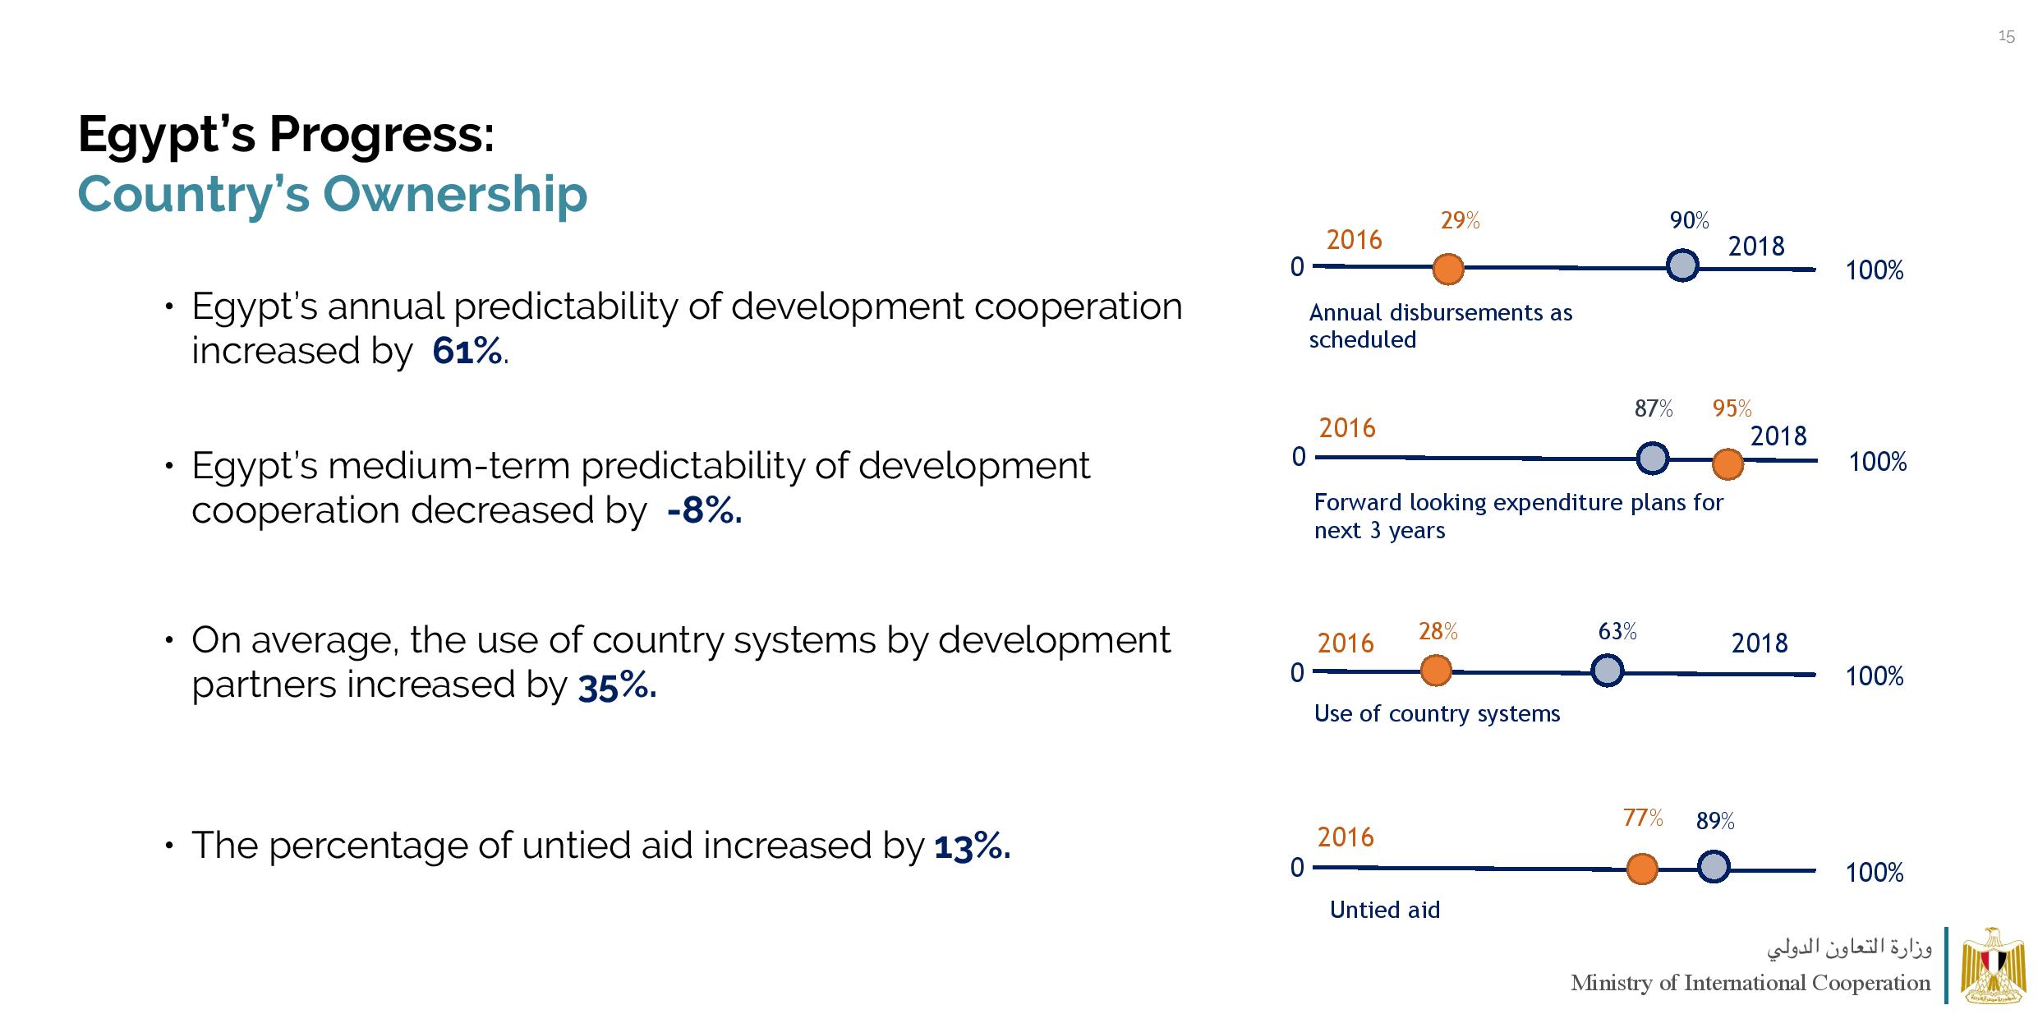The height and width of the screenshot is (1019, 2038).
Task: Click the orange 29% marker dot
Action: pos(1447,269)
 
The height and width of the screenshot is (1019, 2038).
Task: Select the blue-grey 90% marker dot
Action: pos(1682,266)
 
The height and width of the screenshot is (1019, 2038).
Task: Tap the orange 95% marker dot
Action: pos(1727,464)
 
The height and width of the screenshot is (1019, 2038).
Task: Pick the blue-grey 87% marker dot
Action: pos(1652,459)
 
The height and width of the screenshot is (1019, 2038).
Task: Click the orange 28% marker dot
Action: pos(1435,671)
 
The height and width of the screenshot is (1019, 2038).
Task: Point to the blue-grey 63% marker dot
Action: pos(1607,671)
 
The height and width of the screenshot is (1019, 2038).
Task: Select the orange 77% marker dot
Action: pos(1641,869)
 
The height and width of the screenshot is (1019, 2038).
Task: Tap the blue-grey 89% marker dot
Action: pos(1713,867)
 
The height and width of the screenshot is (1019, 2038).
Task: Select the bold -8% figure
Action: pos(705,510)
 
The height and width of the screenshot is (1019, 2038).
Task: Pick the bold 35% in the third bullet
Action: pos(616,685)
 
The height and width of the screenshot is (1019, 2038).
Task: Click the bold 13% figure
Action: pos(972,846)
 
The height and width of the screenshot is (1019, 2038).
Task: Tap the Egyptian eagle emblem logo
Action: pos(1993,966)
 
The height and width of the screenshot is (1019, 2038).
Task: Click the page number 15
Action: pos(2006,37)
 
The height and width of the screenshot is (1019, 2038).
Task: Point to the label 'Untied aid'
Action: pos(1384,910)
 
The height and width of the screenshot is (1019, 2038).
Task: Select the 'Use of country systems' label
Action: pos(1437,713)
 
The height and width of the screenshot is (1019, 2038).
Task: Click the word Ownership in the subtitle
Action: pos(454,194)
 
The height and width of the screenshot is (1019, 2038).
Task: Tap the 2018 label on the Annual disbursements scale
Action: pos(1756,247)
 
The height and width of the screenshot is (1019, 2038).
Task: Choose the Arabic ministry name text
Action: pos(1849,948)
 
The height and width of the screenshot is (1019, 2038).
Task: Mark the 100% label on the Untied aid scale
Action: pos(1874,873)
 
